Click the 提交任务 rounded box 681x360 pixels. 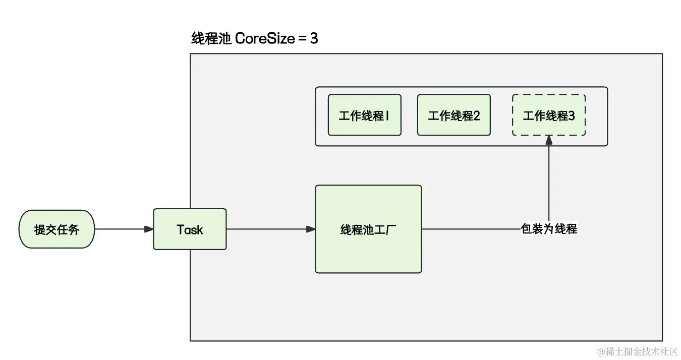56,229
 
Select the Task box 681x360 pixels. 190,229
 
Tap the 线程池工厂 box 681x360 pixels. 368,229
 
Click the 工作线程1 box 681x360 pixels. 364,115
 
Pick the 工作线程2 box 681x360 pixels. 453,115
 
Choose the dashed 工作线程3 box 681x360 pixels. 549,115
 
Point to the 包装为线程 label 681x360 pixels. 549,229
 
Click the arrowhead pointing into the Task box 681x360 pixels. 149,229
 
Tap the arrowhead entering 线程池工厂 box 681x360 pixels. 311,229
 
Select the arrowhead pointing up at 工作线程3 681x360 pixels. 549,141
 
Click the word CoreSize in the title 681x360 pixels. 264,38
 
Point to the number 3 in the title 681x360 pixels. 314,38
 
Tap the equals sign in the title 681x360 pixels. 302,39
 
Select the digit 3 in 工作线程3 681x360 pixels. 571,115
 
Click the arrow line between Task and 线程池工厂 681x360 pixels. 267,229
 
